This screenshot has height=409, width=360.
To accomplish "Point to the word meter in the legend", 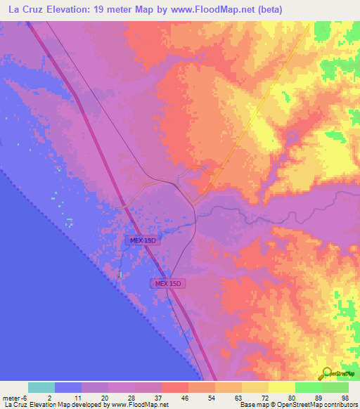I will [11, 397].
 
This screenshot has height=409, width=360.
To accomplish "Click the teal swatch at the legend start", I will [41, 387].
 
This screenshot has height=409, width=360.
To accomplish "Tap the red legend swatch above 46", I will [174, 387].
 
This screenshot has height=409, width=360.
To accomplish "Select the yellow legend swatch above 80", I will [281, 387].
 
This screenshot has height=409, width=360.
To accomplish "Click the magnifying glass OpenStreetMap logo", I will [327, 374].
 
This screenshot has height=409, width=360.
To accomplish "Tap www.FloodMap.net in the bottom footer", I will [136, 405].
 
